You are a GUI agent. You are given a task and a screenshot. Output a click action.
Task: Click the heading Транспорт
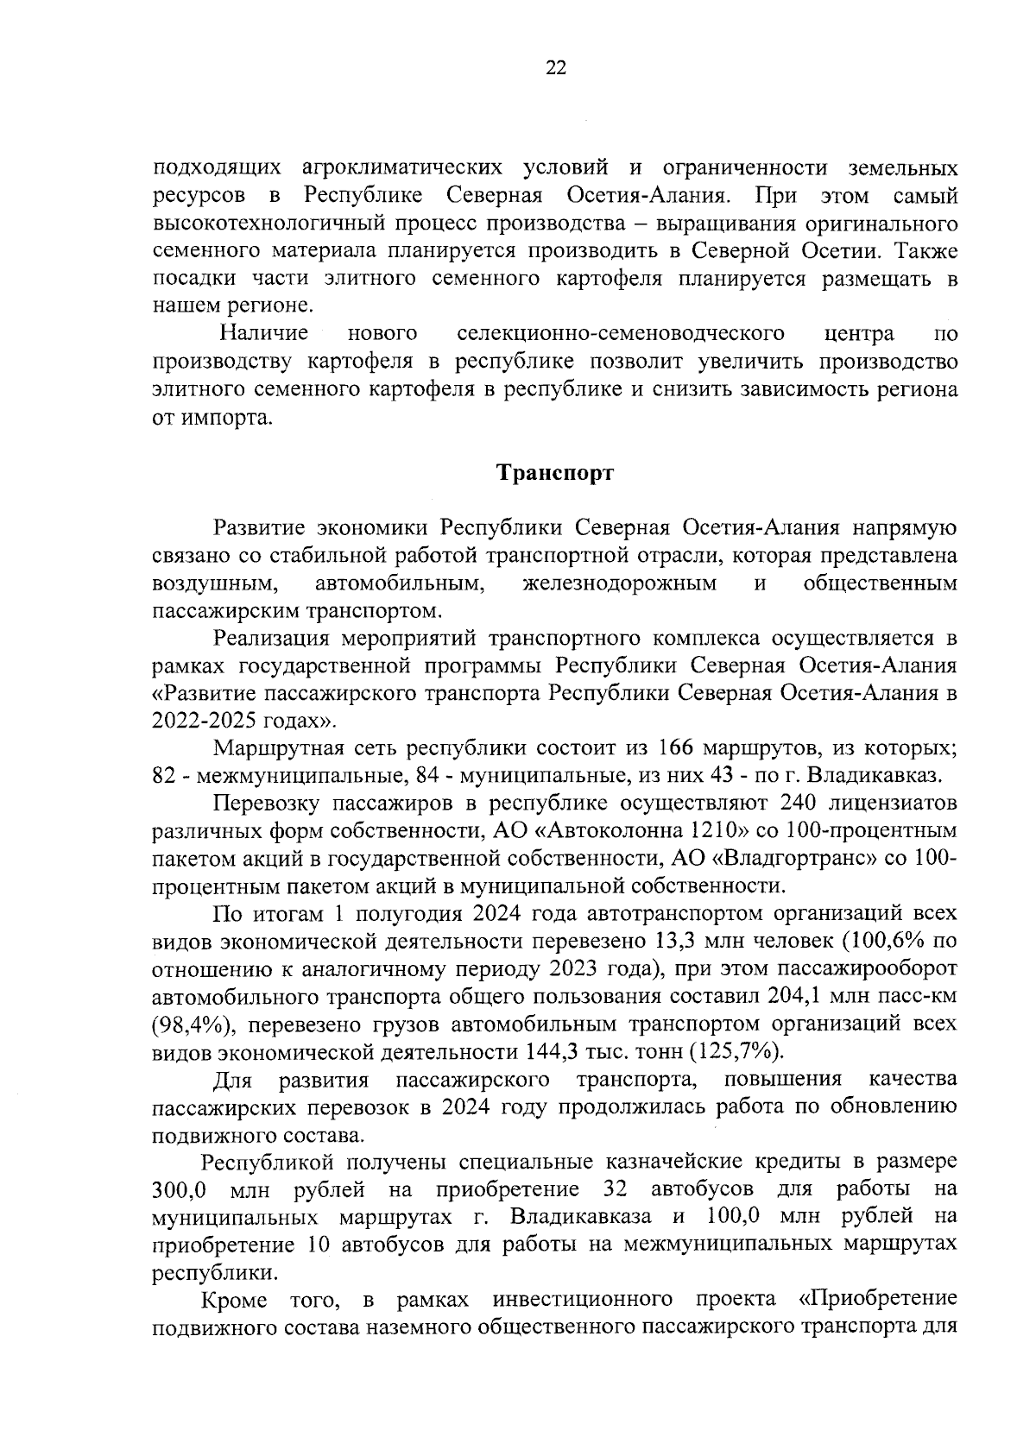pos(555,473)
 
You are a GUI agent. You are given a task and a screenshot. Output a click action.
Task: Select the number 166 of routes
pos(677,747)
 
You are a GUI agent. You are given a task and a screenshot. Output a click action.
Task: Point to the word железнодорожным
pos(619,583)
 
